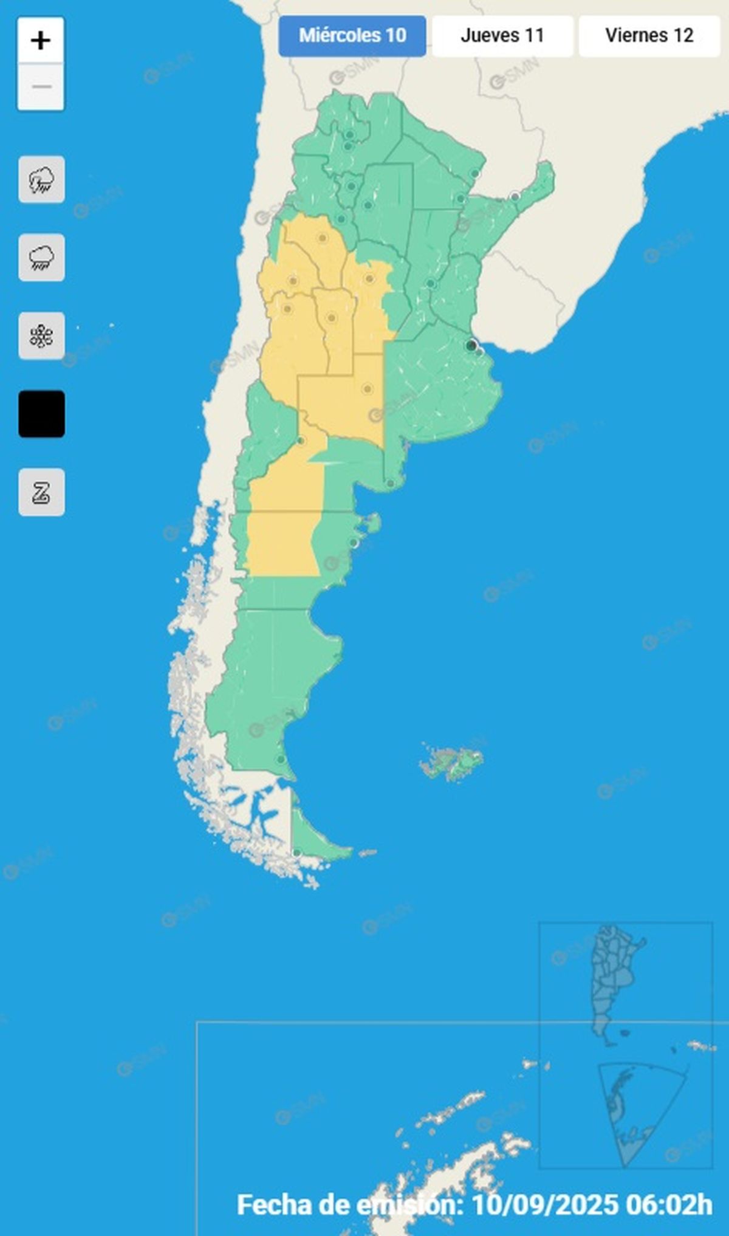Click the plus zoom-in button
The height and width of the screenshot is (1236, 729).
pyautogui.click(x=41, y=41)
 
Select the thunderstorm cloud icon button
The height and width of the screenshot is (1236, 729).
pyautogui.click(x=41, y=180)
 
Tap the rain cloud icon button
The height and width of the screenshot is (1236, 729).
pyautogui.click(x=41, y=258)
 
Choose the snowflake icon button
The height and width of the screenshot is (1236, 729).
pyautogui.click(x=41, y=336)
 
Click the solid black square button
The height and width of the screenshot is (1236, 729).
pyautogui.click(x=41, y=414)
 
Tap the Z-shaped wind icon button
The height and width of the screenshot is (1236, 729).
pyautogui.click(x=41, y=492)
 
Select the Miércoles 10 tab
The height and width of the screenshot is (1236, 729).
pyautogui.click(x=352, y=36)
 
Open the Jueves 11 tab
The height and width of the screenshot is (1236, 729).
pyautogui.click(x=502, y=36)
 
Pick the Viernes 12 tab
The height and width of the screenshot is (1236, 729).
pyautogui.click(x=649, y=36)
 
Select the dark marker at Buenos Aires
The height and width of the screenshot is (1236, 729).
pyautogui.click(x=471, y=346)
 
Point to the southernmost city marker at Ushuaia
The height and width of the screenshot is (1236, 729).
pyautogui.click(x=296, y=853)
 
